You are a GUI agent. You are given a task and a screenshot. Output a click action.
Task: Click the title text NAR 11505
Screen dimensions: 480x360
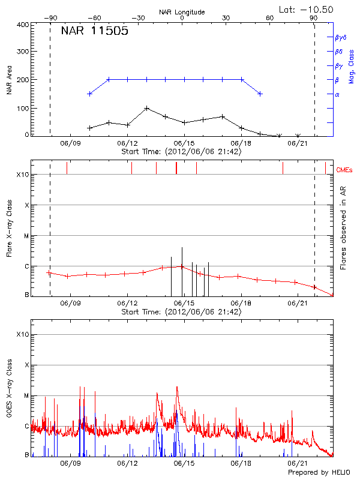coord(95,31)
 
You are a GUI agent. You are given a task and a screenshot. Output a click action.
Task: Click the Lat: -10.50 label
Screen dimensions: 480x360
coord(307,9)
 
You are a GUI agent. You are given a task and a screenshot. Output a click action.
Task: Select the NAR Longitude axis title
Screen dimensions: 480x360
coord(182,12)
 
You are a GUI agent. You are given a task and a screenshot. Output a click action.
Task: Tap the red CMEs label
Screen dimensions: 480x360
coord(346,170)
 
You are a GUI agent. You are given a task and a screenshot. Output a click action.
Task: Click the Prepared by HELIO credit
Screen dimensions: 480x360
coord(318,473)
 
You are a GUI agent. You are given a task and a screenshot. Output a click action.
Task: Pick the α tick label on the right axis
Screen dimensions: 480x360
coord(337,94)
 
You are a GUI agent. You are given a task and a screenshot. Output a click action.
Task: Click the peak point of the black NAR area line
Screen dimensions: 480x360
coord(147,109)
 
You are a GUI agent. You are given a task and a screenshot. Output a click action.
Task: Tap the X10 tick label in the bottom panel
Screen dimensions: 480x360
coord(23,334)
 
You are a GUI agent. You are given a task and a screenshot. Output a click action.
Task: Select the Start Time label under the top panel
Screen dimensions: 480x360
coord(182,151)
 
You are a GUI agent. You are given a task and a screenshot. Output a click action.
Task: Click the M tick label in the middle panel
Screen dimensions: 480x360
coord(26,236)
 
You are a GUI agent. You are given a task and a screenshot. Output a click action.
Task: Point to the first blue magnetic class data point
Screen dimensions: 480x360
coord(90,94)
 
